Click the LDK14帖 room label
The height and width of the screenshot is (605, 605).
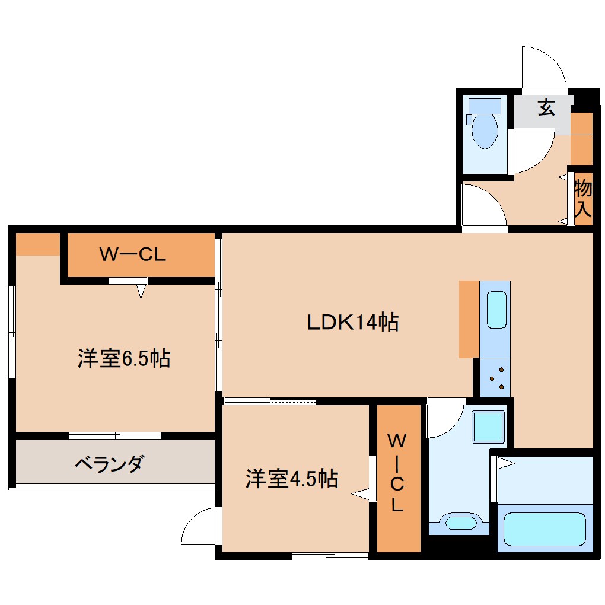pyautogui.click(x=352, y=323)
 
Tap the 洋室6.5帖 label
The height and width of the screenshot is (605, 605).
pyautogui.click(x=123, y=358)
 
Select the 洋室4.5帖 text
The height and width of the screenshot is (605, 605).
pyautogui.click(x=292, y=478)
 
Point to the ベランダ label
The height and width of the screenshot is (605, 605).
pyautogui.click(x=108, y=463)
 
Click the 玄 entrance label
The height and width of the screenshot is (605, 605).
pyautogui.click(x=546, y=108)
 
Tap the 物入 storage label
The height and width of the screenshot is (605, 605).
pyautogui.click(x=583, y=199)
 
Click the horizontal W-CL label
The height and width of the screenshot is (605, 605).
pyautogui.click(x=132, y=255)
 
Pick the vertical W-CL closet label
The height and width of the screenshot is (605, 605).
pyautogui.click(x=396, y=473)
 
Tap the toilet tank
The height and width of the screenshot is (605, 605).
pyautogui.click(x=485, y=106)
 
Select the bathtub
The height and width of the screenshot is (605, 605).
pyautogui.click(x=544, y=529)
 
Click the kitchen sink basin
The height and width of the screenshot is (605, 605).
pyautogui.click(x=496, y=309)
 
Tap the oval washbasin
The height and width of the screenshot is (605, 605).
pyautogui.click(x=460, y=523)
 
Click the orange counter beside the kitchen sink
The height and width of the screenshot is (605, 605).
pyautogui.click(x=469, y=319)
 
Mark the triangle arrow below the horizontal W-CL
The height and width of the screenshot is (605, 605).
pyautogui.click(x=141, y=291)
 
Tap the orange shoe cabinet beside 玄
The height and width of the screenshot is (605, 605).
pyautogui.click(x=581, y=138)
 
